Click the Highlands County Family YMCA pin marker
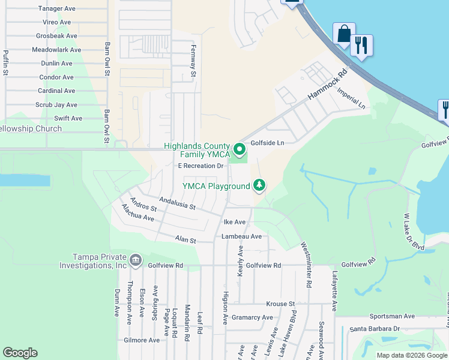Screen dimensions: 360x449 coord(239,149)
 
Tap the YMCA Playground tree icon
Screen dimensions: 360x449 coord(259,186)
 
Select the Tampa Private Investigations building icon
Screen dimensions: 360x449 coord(135,260)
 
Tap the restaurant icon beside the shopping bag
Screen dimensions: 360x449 coord(361,45)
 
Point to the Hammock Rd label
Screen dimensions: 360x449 coord(328,86)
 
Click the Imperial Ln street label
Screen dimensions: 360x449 coord(351,98)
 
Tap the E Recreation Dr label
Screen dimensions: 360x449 coord(200,166)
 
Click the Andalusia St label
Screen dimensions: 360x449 coord(177,203)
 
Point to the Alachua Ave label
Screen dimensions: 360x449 coord(137,213)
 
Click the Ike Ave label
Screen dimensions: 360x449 coord(235,222)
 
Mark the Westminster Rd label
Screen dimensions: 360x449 coord(306,263)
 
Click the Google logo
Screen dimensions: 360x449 coord(20,353)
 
